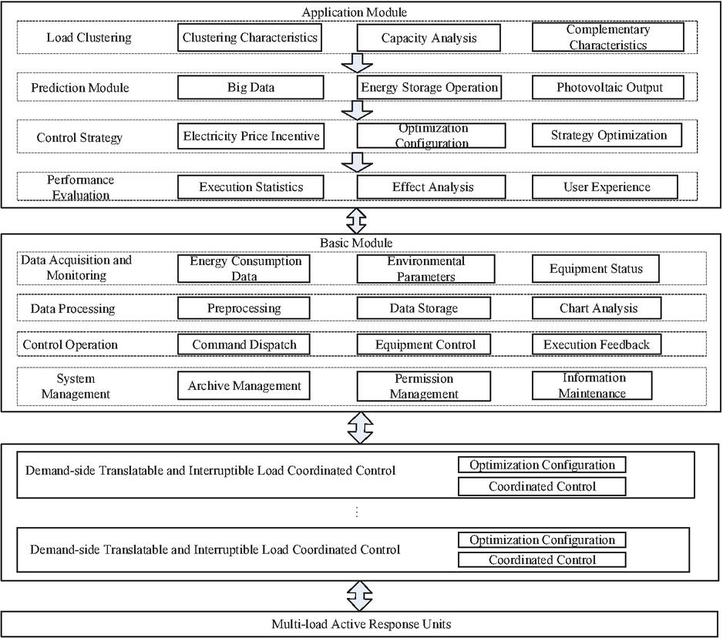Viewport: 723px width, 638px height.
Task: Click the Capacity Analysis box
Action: click(x=429, y=37)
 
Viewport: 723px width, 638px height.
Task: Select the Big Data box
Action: click(x=251, y=87)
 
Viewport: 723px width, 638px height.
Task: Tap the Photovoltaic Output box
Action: click(x=607, y=87)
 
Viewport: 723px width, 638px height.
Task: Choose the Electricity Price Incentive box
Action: click(x=251, y=136)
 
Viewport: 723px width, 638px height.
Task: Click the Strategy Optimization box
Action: click(x=607, y=135)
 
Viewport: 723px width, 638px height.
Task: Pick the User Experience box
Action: click(x=605, y=186)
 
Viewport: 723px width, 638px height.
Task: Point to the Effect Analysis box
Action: click(x=431, y=186)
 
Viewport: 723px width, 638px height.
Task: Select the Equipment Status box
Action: click(x=595, y=269)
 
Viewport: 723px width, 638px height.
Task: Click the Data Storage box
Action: click(x=423, y=308)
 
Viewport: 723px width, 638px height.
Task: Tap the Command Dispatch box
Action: click(x=244, y=344)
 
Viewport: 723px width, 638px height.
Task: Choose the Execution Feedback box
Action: click(x=596, y=344)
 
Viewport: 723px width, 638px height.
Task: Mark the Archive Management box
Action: click(x=244, y=385)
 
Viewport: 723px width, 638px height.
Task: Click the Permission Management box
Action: click(x=423, y=386)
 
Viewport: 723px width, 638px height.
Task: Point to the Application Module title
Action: click(x=354, y=12)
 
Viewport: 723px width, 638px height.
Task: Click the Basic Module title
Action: click(x=356, y=243)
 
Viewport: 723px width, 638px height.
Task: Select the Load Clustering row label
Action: click(x=89, y=37)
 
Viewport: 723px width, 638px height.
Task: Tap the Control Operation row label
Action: click(x=70, y=345)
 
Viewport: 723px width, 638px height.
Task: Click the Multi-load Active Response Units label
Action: click(x=361, y=624)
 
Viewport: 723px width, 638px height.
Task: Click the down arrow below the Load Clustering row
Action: click(x=357, y=63)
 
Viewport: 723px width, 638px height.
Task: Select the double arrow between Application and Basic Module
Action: click(x=356, y=221)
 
